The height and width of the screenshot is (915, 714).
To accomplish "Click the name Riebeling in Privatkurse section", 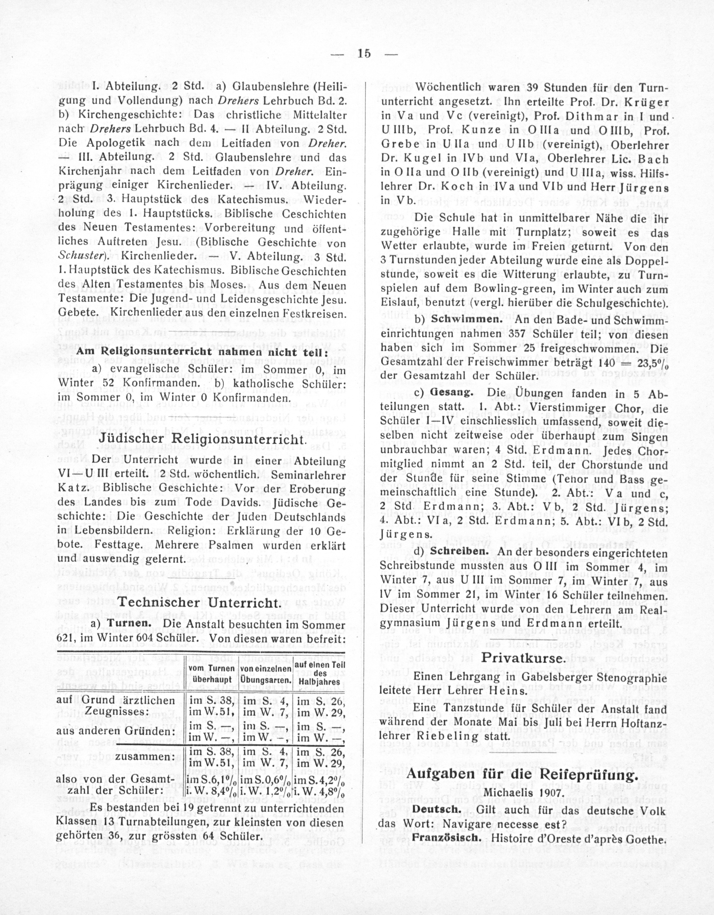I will coord(437,736).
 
